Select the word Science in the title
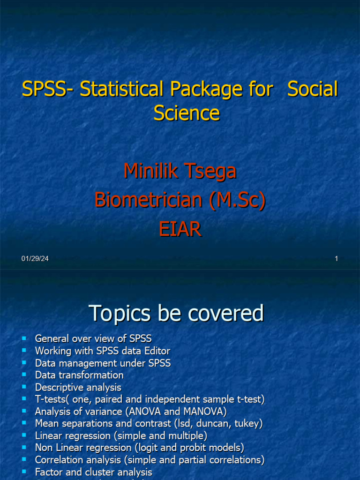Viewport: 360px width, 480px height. [x=187, y=113]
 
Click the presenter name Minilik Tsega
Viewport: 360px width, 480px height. [x=180, y=171]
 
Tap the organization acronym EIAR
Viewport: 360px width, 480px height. [x=180, y=230]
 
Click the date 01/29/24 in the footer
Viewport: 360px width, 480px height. [x=35, y=259]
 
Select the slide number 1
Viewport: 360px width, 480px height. [x=336, y=259]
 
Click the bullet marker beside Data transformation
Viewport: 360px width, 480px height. [x=24, y=375]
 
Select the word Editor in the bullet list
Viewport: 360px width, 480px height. [x=156, y=351]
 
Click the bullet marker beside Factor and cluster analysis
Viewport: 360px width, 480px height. [x=24, y=472]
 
